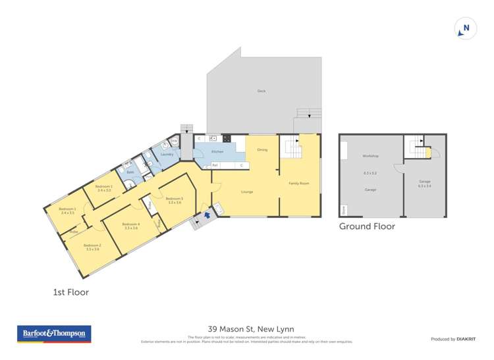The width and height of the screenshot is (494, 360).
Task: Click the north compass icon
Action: [466, 28]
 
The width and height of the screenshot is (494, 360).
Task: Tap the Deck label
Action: [261, 91]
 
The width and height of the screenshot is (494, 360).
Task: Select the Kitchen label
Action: [217, 151]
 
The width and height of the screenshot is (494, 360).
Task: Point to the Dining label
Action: [262, 149]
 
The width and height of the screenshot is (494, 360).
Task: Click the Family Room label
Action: [299, 183]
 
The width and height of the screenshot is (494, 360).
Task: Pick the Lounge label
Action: [247, 192]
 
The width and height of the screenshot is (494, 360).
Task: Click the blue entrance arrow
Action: [208, 213]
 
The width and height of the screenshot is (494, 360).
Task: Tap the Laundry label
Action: [167, 154]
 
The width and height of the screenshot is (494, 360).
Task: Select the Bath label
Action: [131, 172]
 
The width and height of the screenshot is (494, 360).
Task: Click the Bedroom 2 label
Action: [92, 246]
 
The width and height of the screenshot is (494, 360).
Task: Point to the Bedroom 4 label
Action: [130, 224]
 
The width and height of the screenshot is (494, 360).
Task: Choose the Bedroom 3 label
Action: [175, 199]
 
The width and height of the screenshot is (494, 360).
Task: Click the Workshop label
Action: [370, 156]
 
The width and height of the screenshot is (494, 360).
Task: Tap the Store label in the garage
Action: [343, 211]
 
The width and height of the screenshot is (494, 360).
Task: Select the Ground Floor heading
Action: [367, 226]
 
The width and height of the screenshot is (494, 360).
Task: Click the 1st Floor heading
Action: [70, 292]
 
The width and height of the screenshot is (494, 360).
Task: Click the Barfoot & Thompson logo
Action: [54, 334]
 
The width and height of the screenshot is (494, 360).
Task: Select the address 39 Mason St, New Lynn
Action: [250, 329]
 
